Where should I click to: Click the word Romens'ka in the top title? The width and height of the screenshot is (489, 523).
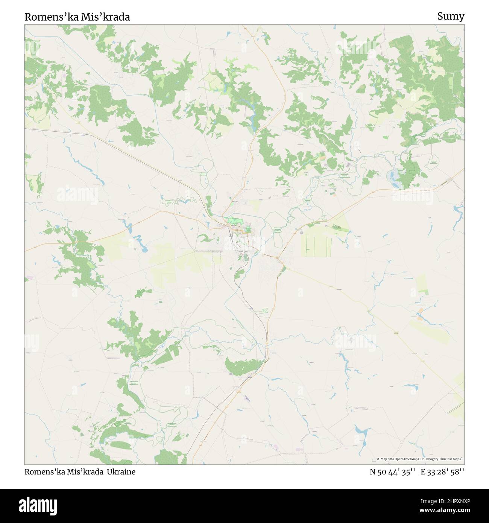pos(51,17)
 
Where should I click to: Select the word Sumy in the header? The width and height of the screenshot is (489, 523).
pos(451,16)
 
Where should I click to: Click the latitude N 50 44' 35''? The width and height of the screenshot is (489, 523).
pos(392,472)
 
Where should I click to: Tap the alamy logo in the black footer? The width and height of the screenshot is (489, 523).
pos(34,505)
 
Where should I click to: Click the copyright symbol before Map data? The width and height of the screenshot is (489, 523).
pos(378,459)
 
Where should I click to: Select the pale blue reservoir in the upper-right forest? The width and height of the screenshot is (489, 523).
pos(393,175)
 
